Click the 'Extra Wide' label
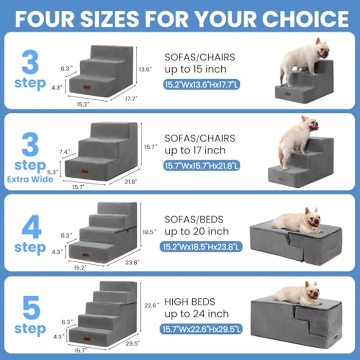[30, 179]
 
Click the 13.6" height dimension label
[146, 69]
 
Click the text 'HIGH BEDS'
[190, 302]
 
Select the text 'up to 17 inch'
[195, 150]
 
